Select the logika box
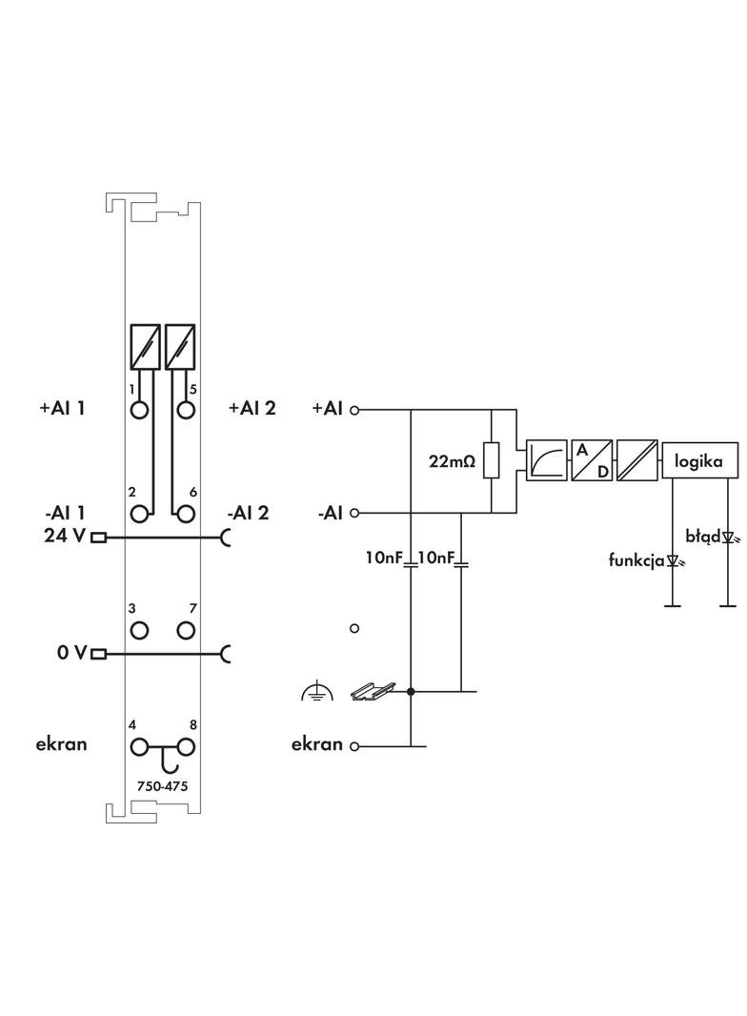pyautogui.click(x=699, y=461)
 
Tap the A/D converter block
pyautogui.click(x=591, y=461)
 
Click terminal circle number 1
pyautogui.click(x=140, y=410)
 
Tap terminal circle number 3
pyautogui.click(x=140, y=630)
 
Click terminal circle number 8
pyautogui.click(x=186, y=746)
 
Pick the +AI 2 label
pyautogui.click(x=252, y=408)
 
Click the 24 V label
pyautogui.click(x=64, y=536)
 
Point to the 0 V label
pyautogui.click(x=71, y=653)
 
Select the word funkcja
pyautogui.click(x=636, y=560)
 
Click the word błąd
pyautogui.click(x=703, y=537)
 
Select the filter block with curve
pyautogui.click(x=544, y=461)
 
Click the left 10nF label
pyautogui.click(x=385, y=557)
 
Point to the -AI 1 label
pyautogui.click(x=64, y=513)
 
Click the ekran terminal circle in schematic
pyautogui.click(x=354, y=746)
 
